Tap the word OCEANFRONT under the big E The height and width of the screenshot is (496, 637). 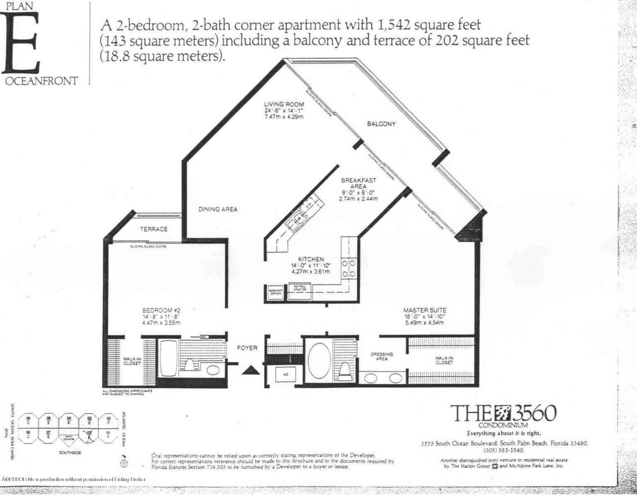click(x=42, y=81)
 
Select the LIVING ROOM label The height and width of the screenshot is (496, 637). click(x=284, y=105)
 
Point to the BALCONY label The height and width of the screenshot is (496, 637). click(x=381, y=124)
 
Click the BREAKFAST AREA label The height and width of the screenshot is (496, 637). click(x=358, y=183)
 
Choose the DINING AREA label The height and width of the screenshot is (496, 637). click(x=218, y=209)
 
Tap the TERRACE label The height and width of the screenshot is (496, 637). click(x=153, y=229)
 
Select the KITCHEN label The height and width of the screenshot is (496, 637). click(x=311, y=259)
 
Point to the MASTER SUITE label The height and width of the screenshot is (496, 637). click(x=425, y=310)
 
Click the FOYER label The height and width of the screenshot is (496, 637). click(x=247, y=348)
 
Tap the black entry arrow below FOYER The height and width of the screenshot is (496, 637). click(x=251, y=370)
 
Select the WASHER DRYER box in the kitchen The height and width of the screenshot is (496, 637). click(x=276, y=292)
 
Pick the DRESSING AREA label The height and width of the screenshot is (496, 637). click(x=382, y=357)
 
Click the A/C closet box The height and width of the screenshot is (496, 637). click(x=286, y=374)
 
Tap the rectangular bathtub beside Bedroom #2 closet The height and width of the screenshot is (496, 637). click(x=167, y=359)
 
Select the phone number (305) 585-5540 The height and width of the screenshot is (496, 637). click(x=503, y=450)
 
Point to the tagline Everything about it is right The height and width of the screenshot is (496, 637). click(x=503, y=433)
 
